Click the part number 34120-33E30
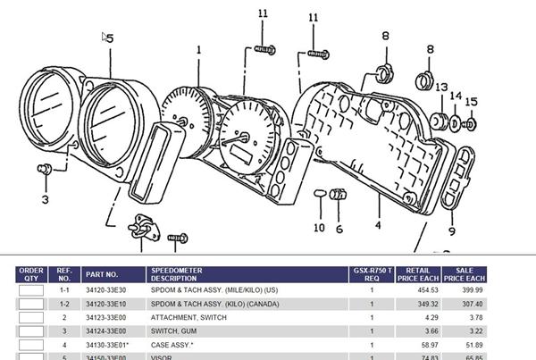tap(106, 289)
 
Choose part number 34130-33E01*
tap(107, 345)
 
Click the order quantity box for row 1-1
tap(32, 290)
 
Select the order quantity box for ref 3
tap(32, 331)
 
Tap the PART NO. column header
tap(101, 274)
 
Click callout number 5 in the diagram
tap(110, 38)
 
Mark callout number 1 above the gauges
tap(198, 51)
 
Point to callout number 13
tap(441, 88)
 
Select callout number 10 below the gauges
tap(319, 227)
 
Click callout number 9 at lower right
tap(451, 230)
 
